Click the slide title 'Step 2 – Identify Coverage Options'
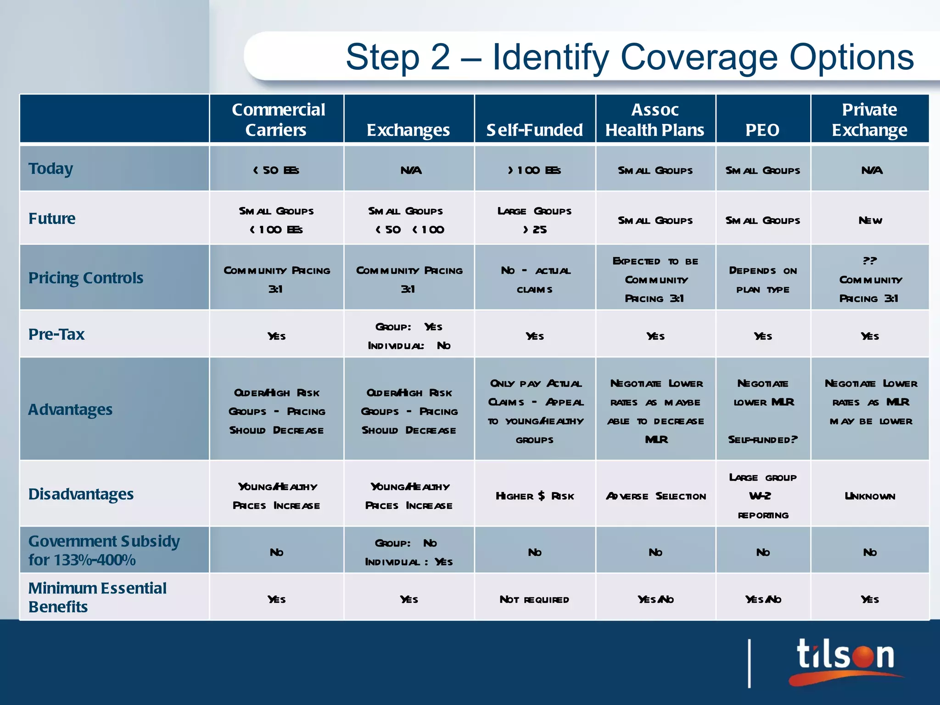click(629, 57)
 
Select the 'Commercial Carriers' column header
click(278, 119)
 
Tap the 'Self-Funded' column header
click(534, 130)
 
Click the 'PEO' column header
click(762, 130)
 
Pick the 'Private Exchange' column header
click(869, 119)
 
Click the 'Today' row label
click(51, 168)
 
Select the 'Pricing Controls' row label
click(86, 278)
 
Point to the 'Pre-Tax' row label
click(56, 334)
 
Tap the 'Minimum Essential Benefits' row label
click(97, 597)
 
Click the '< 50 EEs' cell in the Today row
click(276, 170)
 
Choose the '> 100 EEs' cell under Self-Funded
click(534, 170)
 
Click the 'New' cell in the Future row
click(870, 220)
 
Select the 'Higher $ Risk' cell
click(534, 496)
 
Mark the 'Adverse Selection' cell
click(655, 496)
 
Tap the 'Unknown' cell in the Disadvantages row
click(870, 496)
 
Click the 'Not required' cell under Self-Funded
click(534, 599)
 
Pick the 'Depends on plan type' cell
click(762, 280)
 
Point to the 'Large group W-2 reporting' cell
click(762, 496)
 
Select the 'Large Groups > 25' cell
click(534, 220)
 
